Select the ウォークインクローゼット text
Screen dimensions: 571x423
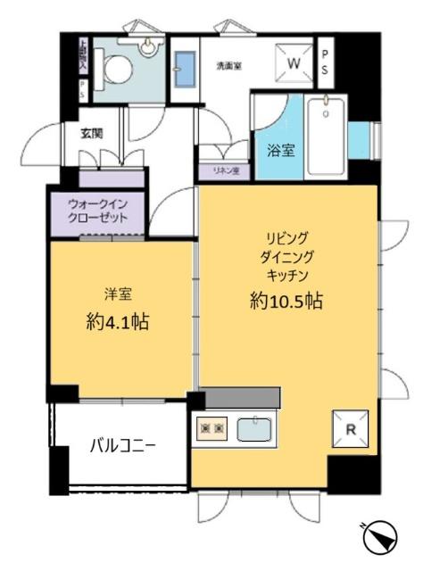click(98, 212)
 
